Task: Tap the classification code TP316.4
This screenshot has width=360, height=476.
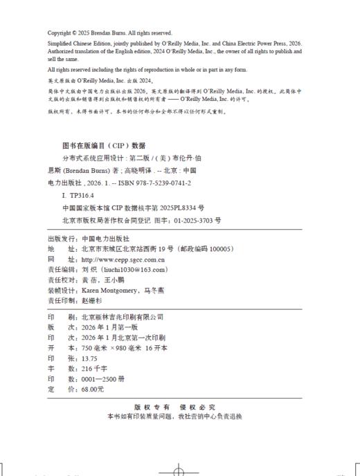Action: click(82, 196)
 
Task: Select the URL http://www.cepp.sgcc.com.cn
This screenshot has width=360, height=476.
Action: click(118, 259)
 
